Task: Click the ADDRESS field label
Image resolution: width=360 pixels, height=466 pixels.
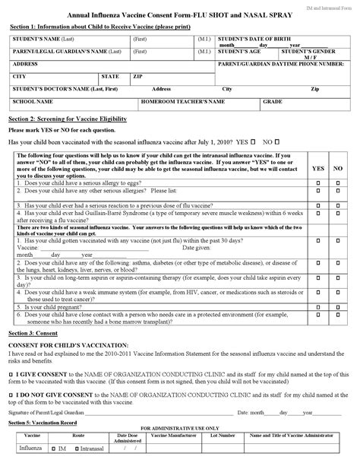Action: point(26,64)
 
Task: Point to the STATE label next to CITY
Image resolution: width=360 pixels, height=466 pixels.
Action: point(110,77)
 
